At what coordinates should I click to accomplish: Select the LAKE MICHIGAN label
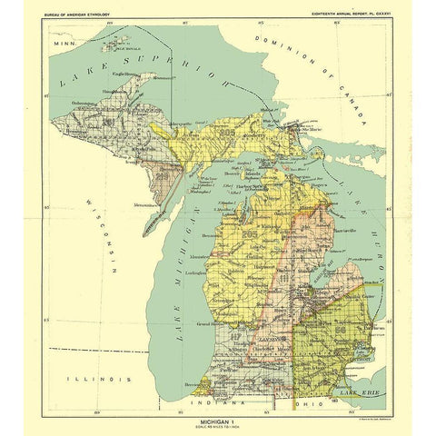pos(186,272)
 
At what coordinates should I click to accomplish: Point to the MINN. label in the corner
pos(64,43)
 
